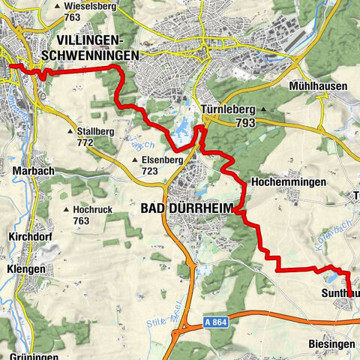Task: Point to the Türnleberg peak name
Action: click(229, 109)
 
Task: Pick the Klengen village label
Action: click(26, 268)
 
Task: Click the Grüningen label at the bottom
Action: click(34, 356)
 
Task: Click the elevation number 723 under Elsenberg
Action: click(154, 172)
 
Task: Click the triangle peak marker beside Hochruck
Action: click(67, 210)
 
